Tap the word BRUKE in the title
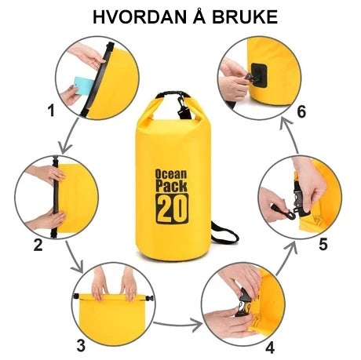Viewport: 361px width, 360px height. pyautogui.click(x=245, y=17)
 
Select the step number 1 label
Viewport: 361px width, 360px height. pyautogui.click(x=51, y=110)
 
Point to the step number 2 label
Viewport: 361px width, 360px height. pyautogui.click(x=38, y=245)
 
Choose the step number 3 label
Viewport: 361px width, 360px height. pyautogui.click(x=81, y=345)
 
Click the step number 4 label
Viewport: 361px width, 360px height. pyautogui.click(x=270, y=347)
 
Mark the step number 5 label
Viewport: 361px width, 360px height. pyautogui.click(x=323, y=245)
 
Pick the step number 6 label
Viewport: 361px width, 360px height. pyautogui.click(x=301, y=111)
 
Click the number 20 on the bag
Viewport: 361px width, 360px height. pyautogui.click(x=172, y=209)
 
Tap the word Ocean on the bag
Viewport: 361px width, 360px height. pyautogui.click(x=171, y=174)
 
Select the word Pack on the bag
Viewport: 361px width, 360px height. pyautogui.click(x=171, y=186)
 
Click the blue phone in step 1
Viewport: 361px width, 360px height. pyautogui.click(x=83, y=85)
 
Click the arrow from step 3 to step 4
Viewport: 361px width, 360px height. pyautogui.click(x=178, y=325)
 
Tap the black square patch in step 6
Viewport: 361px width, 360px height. pyautogui.click(x=259, y=75)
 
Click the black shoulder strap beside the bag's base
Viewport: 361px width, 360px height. pyautogui.click(x=224, y=233)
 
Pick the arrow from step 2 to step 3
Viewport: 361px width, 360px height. pyautogui.click(x=75, y=257)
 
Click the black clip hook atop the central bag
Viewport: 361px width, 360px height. pyautogui.click(x=183, y=107)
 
